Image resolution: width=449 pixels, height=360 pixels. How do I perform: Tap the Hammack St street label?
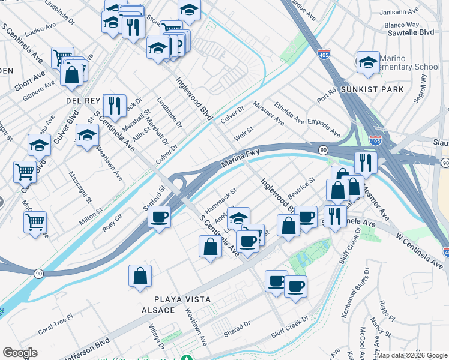pyautogui.click(x=221, y=200)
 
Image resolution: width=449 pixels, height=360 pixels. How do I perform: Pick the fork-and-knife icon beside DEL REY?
pyautogui.click(x=113, y=106)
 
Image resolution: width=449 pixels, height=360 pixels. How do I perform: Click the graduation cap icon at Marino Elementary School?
pyautogui.click(x=367, y=62)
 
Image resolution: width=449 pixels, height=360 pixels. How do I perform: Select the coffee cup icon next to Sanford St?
pyautogui.click(x=159, y=217)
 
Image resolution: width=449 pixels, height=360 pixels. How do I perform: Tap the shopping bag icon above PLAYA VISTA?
pyautogui.click(x=140, y=276)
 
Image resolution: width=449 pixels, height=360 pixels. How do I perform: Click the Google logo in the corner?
pyautogui.click(x=20, y=353)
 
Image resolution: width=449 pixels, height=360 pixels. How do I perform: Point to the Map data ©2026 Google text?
pyautogui.click(x=412, y=355)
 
